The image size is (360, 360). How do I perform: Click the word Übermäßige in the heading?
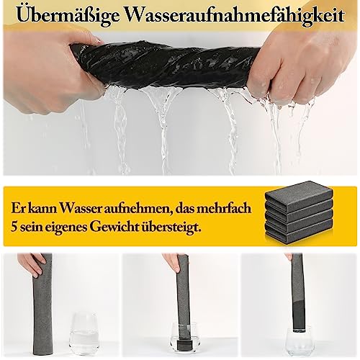click(68, 16)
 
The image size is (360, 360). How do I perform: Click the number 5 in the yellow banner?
click(14, 227)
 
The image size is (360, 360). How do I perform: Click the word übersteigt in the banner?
click(171, 228)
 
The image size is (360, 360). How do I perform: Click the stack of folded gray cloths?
click(299, 210)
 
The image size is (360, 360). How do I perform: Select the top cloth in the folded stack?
click(299, 192)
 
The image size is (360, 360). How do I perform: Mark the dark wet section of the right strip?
click(299, 315)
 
